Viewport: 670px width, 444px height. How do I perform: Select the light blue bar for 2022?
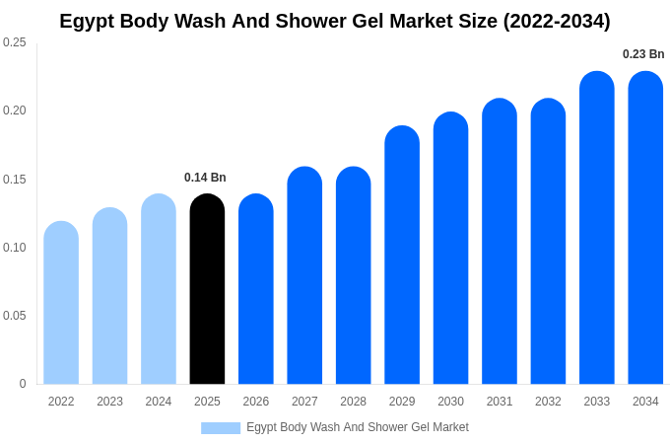pyautogui.click(x=61, y=303)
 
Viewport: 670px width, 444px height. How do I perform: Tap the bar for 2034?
pyautogui.click(x=645, y=228)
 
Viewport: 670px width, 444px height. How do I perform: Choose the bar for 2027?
pyautogui.click(x=304, y=275)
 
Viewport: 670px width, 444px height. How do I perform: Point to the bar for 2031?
pyautogui.click(x=500, y=242)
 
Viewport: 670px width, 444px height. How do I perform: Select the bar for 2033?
pyautogui.click(x=597, y=228)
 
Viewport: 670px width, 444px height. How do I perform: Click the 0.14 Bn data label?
pyautogui.click(x=205, y=178)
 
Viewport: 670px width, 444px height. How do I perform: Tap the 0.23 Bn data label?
pyautogui.click(x=643, y=54)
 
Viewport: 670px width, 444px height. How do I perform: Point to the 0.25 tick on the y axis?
pyautogui.click(x=15, y=42)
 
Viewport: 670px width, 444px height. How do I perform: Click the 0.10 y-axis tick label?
pyautogui.click(x=15, y=248)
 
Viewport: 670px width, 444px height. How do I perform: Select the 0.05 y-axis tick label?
pyautogui.click(x=15, y=316)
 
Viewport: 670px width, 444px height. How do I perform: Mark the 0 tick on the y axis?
pyautogui.click(x=23, y=384)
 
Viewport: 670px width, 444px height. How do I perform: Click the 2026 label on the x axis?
pyautogui.click(x=256, y=402)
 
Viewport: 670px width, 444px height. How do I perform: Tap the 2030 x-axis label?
pyautogui.click(x=450, y=402)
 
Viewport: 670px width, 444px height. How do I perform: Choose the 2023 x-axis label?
pyautogui.click(x=109, y=402)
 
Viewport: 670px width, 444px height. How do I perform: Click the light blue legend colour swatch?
pyautogui.click(x=221, y=428)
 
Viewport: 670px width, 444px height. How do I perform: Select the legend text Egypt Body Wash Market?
pyautogui.click(x=358, y=427)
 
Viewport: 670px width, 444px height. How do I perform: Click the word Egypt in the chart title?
pyautogui.click(x=87, y=21)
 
